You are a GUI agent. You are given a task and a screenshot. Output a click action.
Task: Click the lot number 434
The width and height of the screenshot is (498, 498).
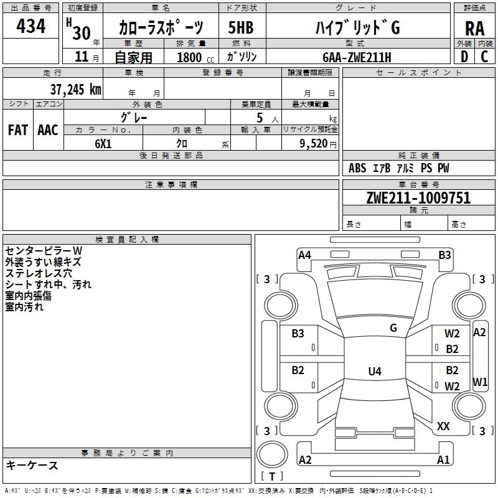(x=31, y=26)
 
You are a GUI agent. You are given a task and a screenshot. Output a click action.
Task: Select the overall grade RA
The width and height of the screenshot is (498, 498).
(x=474, y=29)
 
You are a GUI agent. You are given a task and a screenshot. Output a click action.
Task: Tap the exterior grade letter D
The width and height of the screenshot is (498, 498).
(x=464, y=56)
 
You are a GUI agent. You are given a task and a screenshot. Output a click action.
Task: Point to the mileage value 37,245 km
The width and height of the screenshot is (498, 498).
(x=75, y=89)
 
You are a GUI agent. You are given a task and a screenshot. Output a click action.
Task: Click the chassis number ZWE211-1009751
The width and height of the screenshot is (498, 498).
(x=418, y=198)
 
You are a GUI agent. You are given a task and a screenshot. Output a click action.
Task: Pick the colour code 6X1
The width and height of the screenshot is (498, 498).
(x=103, y=143)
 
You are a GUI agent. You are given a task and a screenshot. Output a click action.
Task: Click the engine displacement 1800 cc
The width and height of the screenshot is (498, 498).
(x=190, y=57)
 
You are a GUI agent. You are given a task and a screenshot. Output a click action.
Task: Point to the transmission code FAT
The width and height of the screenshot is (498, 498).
(x=18, y=129)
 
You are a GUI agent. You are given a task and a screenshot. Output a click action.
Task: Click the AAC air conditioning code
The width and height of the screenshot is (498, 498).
(x=48, y=129)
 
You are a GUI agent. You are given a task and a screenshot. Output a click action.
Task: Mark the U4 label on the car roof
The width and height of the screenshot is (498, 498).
(x=374, y=372)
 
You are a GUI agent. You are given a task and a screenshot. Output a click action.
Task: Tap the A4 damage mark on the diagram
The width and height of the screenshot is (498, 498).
(x=304, y=255)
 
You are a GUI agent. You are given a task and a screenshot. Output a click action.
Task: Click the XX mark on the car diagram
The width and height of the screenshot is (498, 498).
(x=443, y=426)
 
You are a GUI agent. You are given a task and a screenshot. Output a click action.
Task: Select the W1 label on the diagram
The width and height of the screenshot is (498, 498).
(x=479, y=381)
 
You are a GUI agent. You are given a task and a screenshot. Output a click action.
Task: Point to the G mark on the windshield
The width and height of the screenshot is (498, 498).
(x=393, y=328)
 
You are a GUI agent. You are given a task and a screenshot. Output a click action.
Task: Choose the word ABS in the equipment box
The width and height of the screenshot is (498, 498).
(x=357, y=168)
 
